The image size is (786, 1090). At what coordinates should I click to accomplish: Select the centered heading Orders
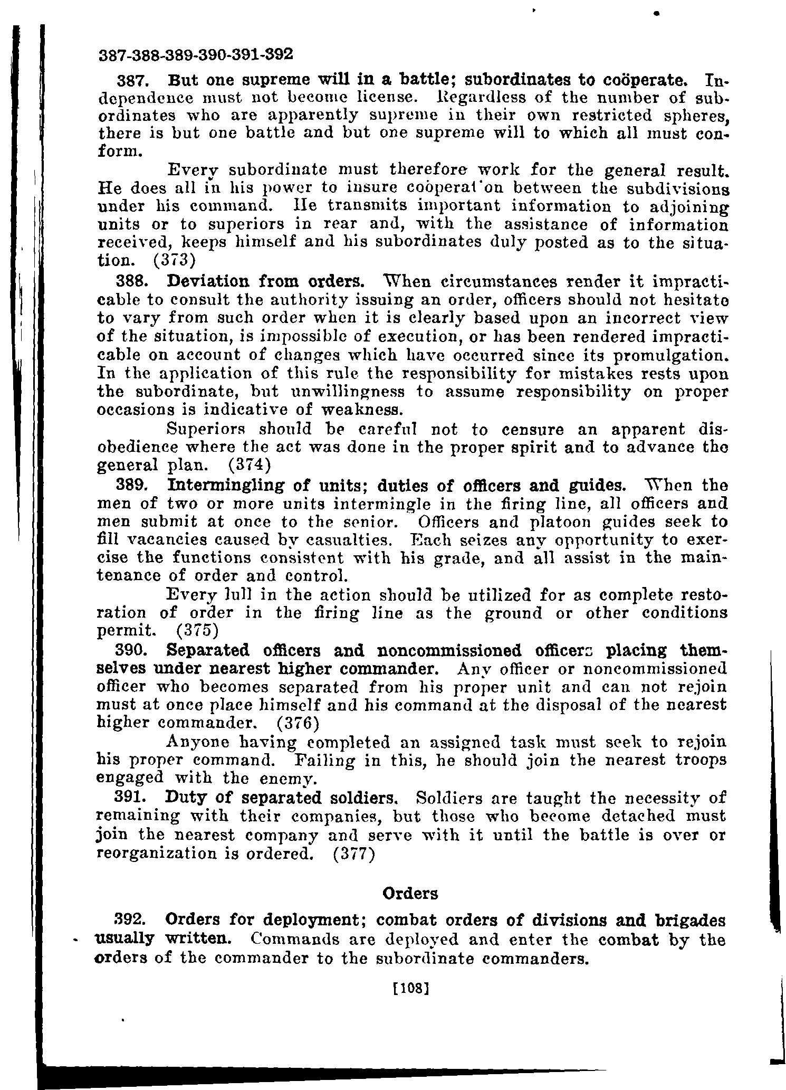410,894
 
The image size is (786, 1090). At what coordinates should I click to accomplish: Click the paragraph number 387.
132,82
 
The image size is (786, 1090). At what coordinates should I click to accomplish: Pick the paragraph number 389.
132,485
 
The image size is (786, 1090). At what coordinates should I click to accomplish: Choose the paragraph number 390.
132,650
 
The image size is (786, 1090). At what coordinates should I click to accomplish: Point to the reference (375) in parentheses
197,630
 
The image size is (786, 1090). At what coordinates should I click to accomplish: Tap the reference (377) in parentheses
354,853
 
